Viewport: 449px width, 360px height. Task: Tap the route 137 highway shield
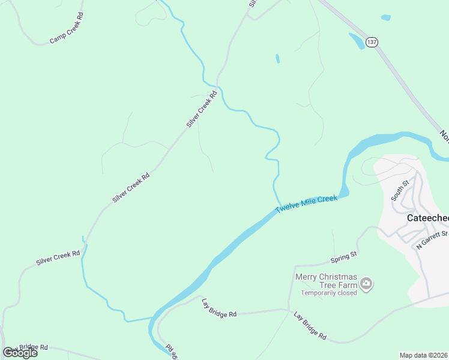372,42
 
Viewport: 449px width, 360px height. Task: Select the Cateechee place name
427,218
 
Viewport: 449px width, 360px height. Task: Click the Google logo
20,353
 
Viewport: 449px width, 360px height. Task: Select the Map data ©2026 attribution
423,355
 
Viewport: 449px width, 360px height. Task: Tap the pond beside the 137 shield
356,40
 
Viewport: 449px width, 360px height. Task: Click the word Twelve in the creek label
286,208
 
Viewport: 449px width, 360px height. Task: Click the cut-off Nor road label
444,136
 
